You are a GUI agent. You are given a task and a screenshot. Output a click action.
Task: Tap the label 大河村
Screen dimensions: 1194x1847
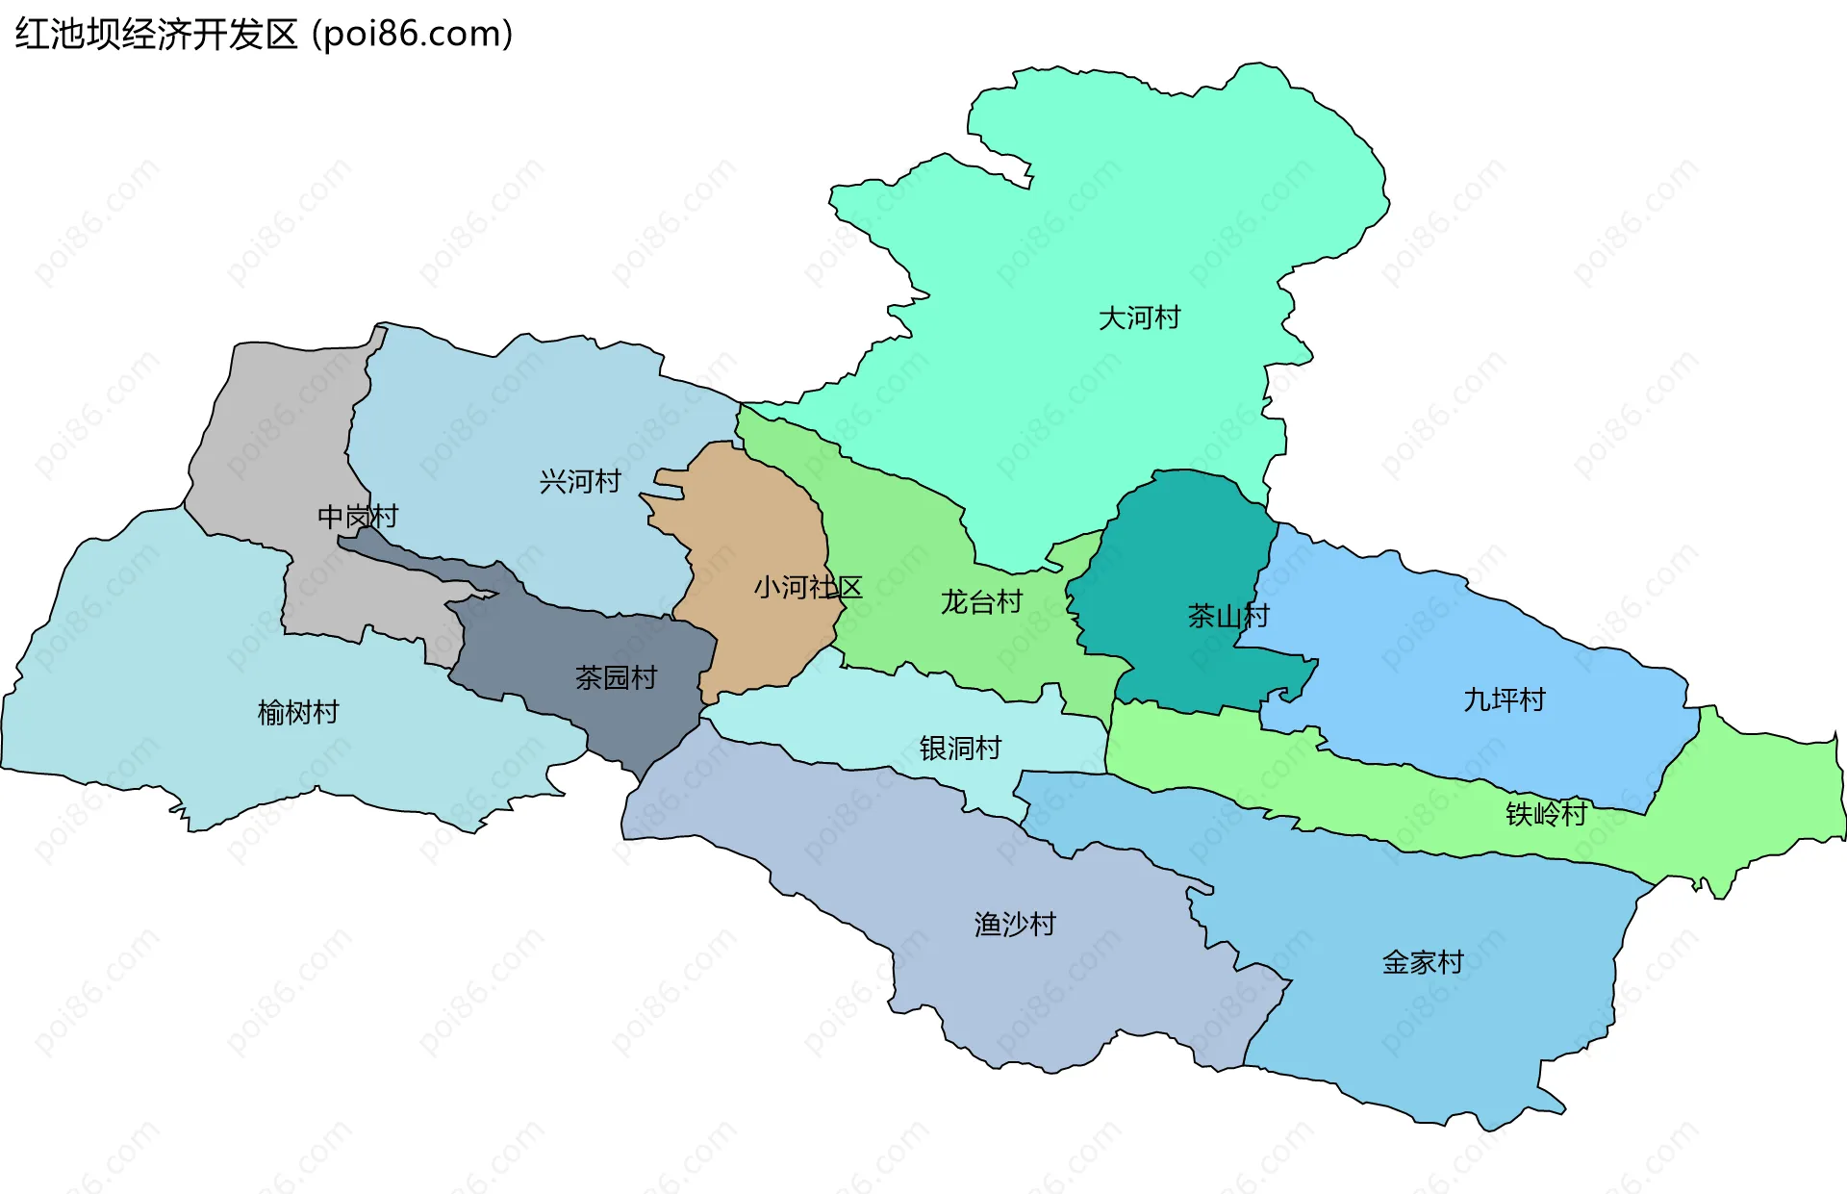point(1139,318)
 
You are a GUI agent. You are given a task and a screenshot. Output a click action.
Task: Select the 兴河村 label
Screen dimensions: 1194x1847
point(580,481)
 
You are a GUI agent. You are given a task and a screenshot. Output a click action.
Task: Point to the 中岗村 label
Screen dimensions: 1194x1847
point(358,517)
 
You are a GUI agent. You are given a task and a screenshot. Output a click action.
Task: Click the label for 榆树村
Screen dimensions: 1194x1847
point(298,713)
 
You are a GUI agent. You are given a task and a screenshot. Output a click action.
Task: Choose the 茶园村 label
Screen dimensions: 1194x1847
point(616,678)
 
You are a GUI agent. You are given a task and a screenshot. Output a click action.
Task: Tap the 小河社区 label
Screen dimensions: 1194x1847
point(808,587)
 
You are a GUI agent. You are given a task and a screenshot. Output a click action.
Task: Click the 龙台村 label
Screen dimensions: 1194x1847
point(981,602)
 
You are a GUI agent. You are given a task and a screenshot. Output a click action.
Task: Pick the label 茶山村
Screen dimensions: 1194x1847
point(1228,616)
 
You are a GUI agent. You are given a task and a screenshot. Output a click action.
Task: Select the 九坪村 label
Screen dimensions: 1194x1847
point(1505,699)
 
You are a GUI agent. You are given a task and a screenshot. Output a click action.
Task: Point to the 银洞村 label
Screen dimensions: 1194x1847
point(960,748)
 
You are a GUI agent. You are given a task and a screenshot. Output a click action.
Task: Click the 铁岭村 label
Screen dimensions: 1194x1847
point(1546,814)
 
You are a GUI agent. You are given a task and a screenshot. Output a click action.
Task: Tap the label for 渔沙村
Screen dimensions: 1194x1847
point(1015,925)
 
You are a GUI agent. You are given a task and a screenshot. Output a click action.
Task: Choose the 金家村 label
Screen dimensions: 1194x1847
point(1423,962)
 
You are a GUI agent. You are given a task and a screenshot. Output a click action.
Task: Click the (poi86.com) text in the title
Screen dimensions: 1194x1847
point(413,35)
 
